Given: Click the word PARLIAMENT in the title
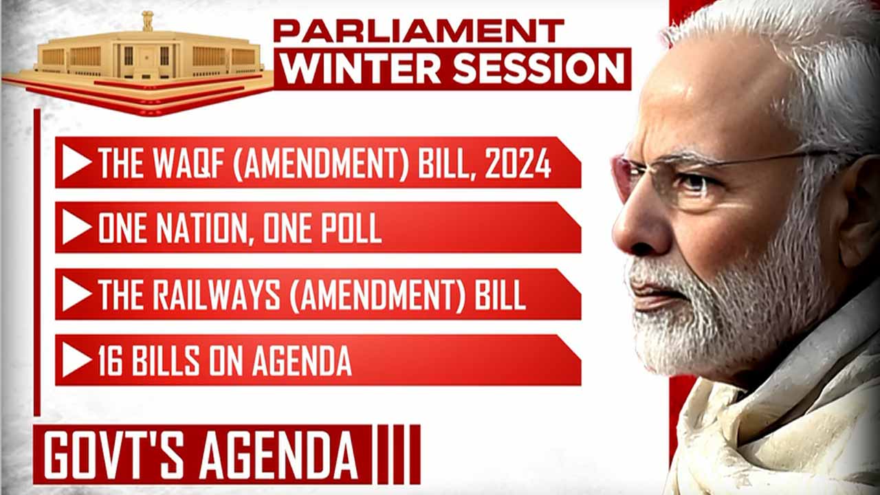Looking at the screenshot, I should (x=418, y=31).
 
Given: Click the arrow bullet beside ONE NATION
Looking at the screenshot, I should (x=76, y=228).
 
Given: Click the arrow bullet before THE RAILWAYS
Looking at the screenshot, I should (x=76, y=294).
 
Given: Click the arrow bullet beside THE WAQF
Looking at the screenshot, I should (x=76, y=163).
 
